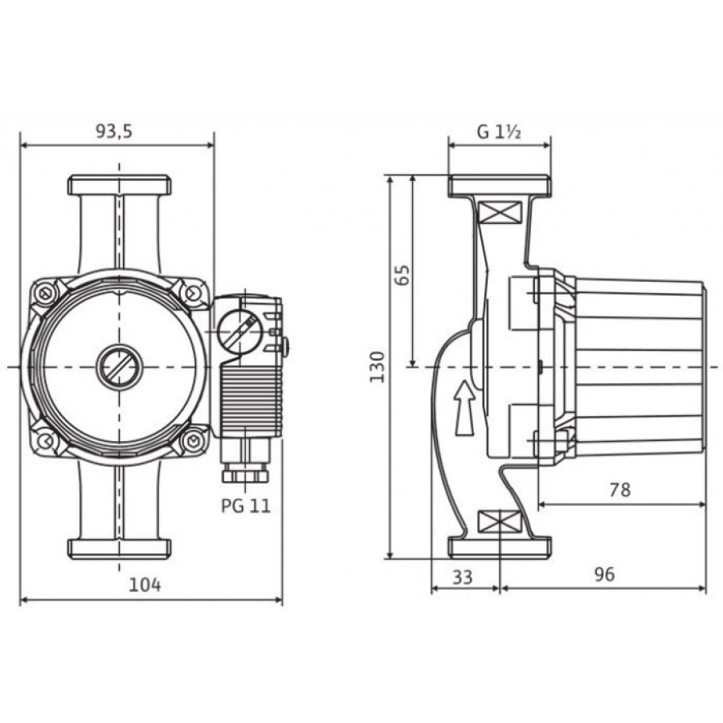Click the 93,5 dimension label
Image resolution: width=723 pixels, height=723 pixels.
pos(114,132)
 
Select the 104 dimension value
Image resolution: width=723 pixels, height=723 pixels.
pos(145,585)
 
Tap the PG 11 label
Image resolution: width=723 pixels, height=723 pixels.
pos(246,506)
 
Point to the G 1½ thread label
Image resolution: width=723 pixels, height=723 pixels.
pos(500,133)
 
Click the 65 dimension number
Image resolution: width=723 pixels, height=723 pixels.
pos(402,276)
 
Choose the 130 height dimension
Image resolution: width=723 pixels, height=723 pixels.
pos(377,366)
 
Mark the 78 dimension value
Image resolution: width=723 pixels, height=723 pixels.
pos(619,490)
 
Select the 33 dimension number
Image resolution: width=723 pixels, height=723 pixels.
pos(463,576)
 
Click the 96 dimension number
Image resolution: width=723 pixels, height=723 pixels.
pos(604,574)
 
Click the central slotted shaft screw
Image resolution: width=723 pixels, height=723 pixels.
pos(120,366)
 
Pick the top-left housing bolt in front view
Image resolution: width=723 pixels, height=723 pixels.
pos(45,292)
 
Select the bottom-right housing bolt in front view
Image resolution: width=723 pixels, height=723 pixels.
pos(194,441)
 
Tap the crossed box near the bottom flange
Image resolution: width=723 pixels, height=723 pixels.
pos(500,522)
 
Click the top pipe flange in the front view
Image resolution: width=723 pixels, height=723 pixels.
pos(120,185)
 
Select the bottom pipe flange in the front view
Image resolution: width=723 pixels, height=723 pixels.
pos(120,548)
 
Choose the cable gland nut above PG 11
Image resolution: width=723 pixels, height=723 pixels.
pos(245,476)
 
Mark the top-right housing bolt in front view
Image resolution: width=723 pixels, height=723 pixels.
pos(194,292)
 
